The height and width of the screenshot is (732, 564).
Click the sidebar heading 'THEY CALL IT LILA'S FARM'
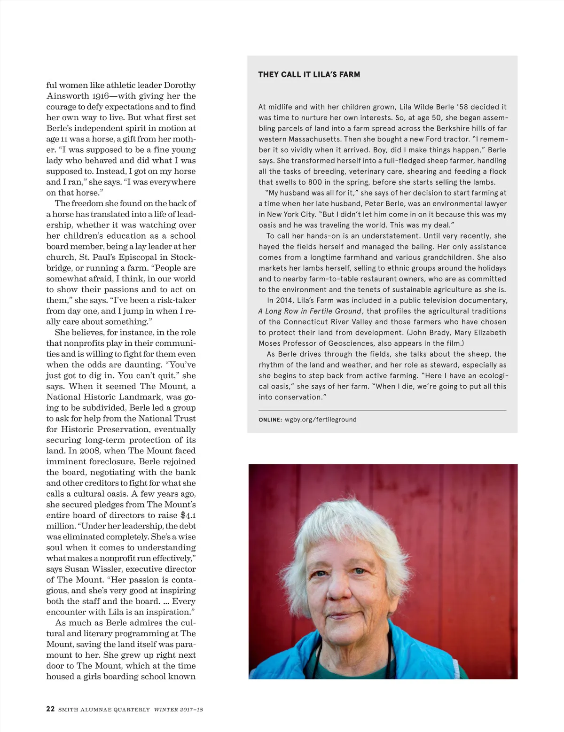pos(309,74)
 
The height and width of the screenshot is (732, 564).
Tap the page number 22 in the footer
pos(50,709)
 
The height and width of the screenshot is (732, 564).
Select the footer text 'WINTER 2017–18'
pos(179,709)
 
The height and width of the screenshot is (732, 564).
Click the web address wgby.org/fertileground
pos(321,420)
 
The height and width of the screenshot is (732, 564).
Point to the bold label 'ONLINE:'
pos(270,420)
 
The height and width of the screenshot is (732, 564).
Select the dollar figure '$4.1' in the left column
pos(188,515)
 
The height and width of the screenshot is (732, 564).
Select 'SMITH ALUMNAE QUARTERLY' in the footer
pos(104,709)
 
